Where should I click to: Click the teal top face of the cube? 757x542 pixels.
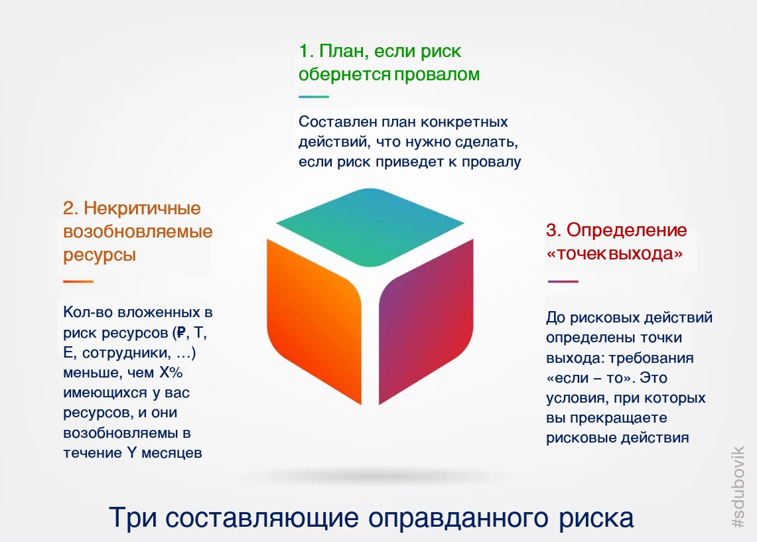point(370,227)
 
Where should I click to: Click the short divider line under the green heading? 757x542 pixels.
point(314,97)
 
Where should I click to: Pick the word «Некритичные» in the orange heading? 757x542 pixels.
point(143,208)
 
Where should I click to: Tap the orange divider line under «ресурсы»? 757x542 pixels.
point(78,281)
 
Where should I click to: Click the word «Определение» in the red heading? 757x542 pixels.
point(627,230)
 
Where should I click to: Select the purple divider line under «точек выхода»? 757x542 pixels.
point(563,281)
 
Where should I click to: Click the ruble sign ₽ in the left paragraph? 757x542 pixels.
point(180,332)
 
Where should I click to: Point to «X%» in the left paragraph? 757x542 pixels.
point(171,373)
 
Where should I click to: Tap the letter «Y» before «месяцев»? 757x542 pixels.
point(132,452)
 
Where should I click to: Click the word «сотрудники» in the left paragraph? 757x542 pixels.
point(127,353)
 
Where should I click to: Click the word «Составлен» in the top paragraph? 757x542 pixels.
point(338,121)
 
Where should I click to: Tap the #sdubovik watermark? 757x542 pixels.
point(738,486)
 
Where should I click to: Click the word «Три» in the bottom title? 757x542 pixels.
point(133,518)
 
